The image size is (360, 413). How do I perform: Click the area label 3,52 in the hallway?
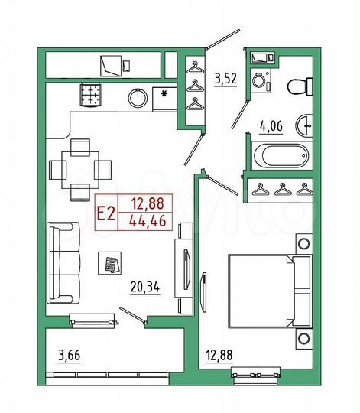[x=225, y=78]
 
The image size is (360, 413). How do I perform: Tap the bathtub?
[x=279, y=157]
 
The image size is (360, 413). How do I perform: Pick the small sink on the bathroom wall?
[x=307, y=123]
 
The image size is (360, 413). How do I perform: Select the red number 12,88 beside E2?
[x=145, y=204]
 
